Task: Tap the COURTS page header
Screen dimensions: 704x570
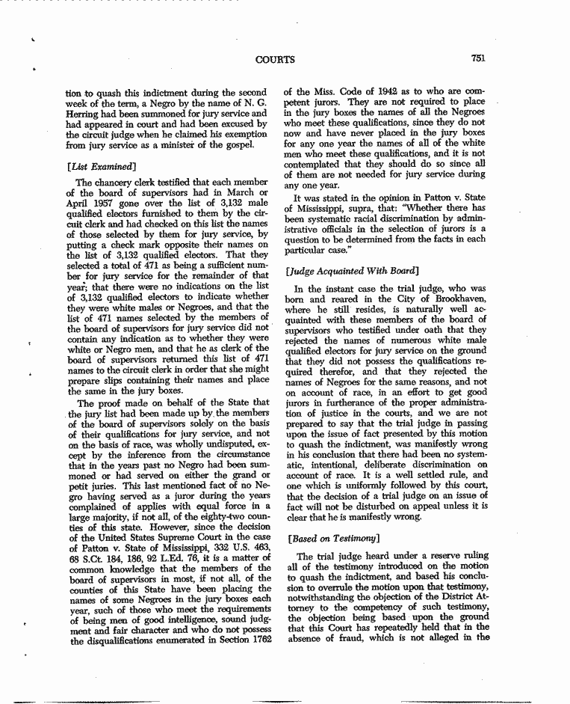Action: click(x=275, y=60)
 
